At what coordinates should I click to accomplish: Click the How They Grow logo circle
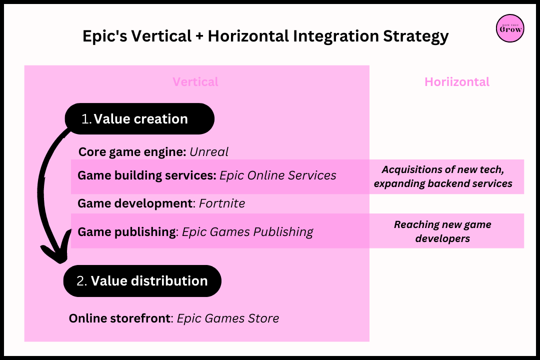[510, 28]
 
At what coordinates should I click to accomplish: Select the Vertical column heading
[195, 82]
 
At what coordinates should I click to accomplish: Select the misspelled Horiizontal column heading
[457, 82]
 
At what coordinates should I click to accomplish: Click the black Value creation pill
[140, 119]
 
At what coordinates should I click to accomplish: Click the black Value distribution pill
[142, 281]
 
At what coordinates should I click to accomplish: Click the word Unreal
[209, 151]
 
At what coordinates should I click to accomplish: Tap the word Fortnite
[222, 203]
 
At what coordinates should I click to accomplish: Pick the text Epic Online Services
[278, 175]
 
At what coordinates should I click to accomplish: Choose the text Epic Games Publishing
[247, 232]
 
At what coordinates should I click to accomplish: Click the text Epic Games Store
[228, 318]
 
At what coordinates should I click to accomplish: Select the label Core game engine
[132, 151]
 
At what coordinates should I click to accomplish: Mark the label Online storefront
[119, 318]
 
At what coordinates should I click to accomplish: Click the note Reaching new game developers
[442, 231]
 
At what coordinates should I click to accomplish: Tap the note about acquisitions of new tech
[443, 176]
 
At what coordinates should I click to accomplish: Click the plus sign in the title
[199, 36]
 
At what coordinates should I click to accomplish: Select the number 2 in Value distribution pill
[81, 281]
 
